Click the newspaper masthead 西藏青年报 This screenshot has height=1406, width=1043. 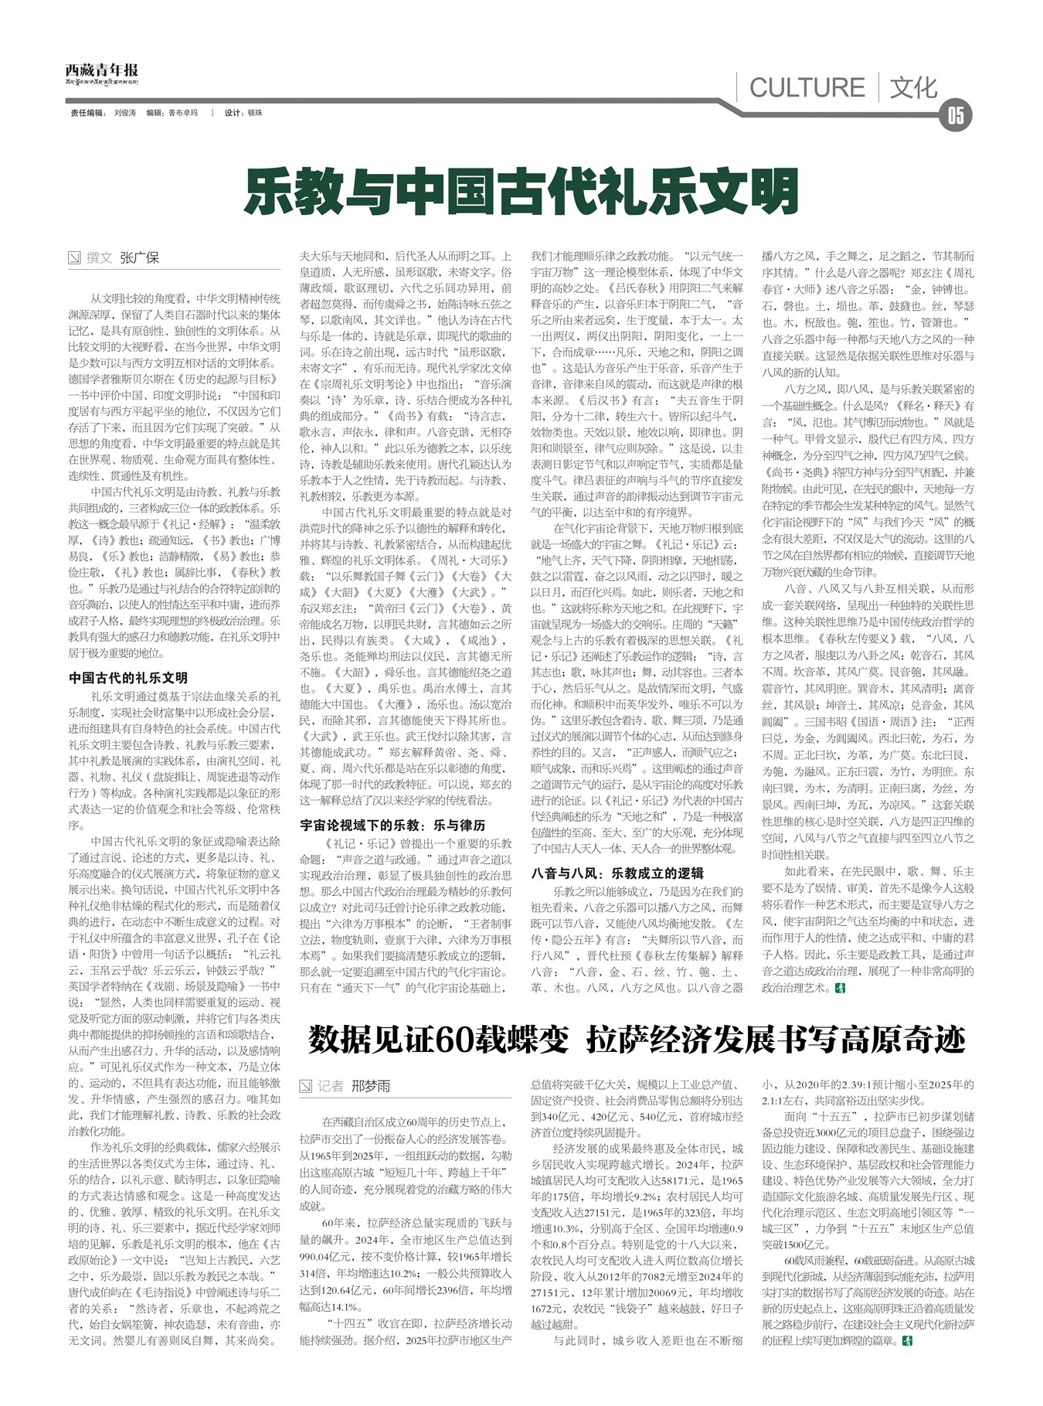(x=101, y=70)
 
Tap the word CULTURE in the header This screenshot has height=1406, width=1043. (x=807, y=87)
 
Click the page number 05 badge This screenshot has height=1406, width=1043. (x=955, y=115)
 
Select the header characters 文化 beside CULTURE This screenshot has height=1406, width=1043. (x=913, y=87)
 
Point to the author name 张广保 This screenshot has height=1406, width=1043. (x=139, y=258)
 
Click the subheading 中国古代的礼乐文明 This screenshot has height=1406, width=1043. (x=128, y=678)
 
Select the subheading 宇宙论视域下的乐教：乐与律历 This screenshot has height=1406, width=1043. (x=392, y=826)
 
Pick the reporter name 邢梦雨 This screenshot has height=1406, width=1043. (x=371, y=1086)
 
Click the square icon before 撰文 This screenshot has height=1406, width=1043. (x=75, y=258)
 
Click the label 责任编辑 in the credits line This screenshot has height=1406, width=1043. (x=87, y=113)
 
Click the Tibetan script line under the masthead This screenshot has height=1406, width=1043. (x=101, y=82)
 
